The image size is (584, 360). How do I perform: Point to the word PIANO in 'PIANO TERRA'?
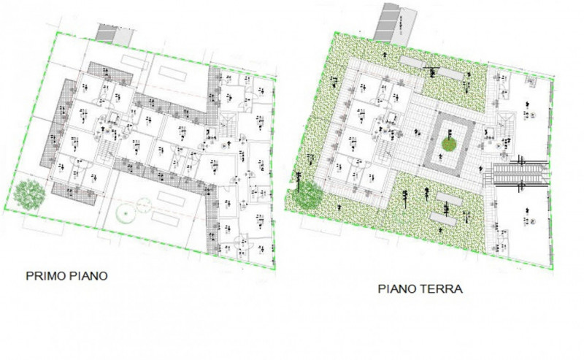pyautogui.click(x=397, y=288)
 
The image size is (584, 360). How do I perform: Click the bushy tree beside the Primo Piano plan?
pyautogui.click(x=28, y=194)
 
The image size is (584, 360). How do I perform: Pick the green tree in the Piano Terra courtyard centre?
pyautogui.click(x=449, y=145)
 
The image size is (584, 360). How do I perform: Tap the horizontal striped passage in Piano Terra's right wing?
pyautogui.click(x=520, y=173)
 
